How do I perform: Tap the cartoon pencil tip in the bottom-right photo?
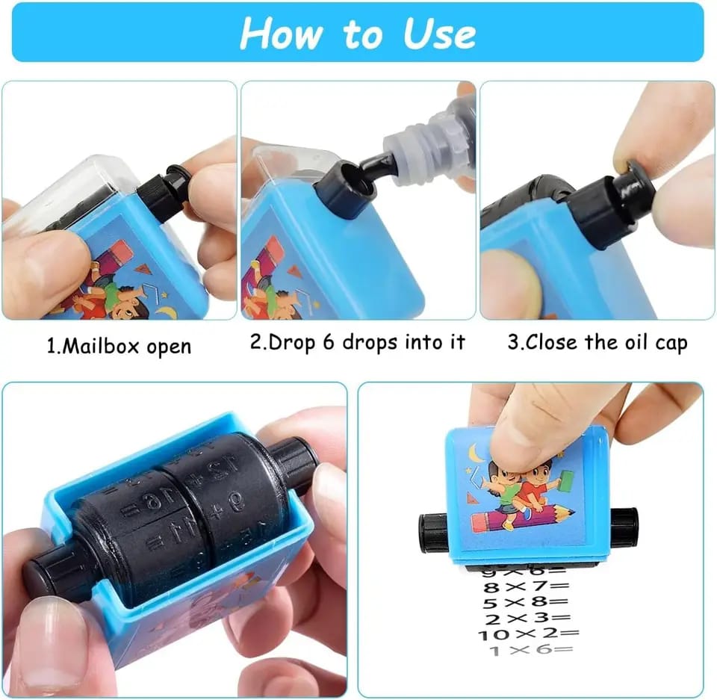568,513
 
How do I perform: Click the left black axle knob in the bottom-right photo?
433,531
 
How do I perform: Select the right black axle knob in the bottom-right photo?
624,527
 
